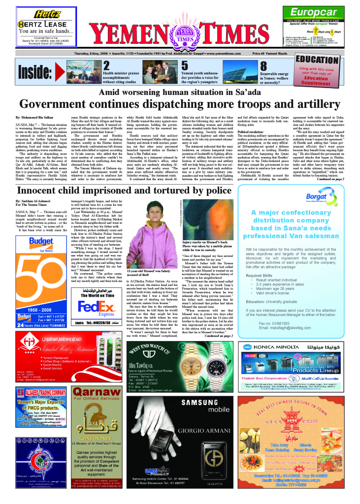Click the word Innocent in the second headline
coord(40,190)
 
